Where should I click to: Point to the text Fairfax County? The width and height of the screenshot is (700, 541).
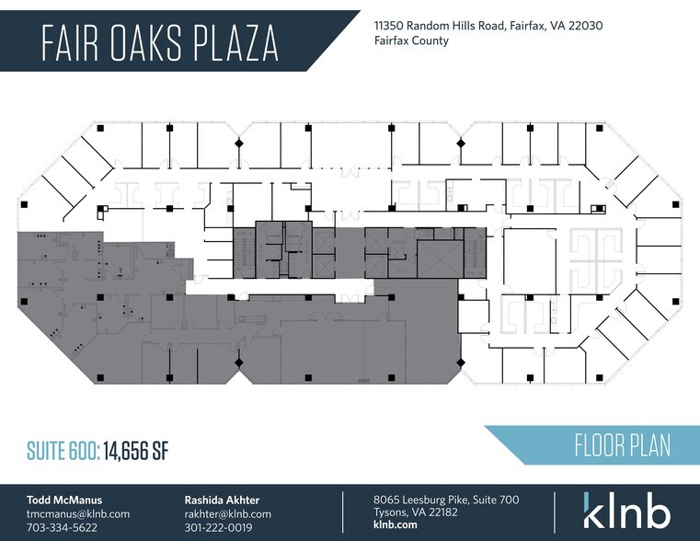[x=411, y=41]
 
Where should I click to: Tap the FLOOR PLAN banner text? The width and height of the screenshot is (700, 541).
[x=622, y=446]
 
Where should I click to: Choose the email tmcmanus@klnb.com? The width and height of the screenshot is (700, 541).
[x=78, y=513]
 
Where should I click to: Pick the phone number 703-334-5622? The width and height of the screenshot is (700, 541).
[x=62, y=527]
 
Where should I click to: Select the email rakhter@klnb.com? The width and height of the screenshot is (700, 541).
[x=228, y=513]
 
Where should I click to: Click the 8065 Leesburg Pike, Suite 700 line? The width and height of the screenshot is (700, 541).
[x=446, y=500]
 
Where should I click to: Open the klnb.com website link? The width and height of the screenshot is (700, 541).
[x=396, y=527]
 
